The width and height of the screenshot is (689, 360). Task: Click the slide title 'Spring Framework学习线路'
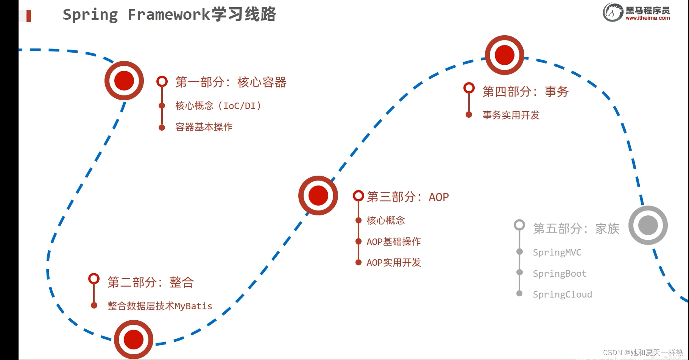tap(169, 15)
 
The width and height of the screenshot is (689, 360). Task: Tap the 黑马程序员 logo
tap(636, 12)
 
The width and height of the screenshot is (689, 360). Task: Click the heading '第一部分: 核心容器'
tap(231, 82)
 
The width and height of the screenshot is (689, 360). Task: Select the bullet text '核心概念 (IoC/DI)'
tap(218, 106)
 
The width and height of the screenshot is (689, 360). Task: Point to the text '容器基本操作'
tap(204, 127)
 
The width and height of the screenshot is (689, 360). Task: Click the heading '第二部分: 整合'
tap(150, 282)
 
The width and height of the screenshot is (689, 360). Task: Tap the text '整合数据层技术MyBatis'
tap(159, 306)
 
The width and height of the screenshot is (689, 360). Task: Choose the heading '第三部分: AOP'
tap(407, 197)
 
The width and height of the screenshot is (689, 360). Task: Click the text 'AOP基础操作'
tap(393, 242)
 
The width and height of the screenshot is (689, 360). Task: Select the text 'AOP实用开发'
tap(393, 262)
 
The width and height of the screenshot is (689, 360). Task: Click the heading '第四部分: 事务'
tap(525, 92)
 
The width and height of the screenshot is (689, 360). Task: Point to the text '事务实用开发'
tap(511, 115)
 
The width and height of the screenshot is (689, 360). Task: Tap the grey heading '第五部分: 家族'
tap(576, 229)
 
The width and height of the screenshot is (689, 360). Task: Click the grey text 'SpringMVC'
tap(557, 252)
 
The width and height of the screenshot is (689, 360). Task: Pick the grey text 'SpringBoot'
tap(560, 274)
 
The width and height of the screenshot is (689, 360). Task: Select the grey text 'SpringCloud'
tap(562, 295)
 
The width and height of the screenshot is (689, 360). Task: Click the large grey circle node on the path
tap(648, 225)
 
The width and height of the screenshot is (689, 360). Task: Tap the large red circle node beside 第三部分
tap(318, 195)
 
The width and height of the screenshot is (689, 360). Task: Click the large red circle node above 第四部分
tap(504, 55)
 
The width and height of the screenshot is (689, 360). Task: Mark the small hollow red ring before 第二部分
tap(94, 279)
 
